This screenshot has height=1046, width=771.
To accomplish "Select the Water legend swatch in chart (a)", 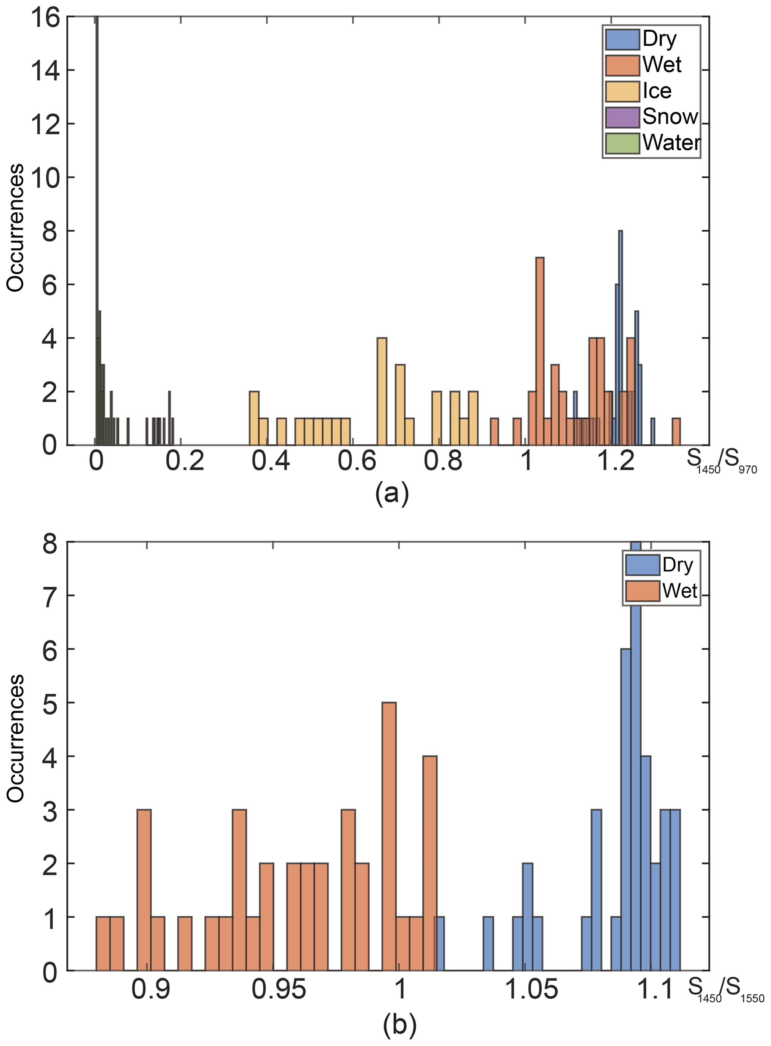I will coord(622,143).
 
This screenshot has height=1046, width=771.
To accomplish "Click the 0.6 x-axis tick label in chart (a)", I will coord(357,461).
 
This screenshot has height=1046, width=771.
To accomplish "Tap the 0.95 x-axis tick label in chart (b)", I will coord(279,989).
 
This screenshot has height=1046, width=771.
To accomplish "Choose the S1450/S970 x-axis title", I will coord(721,462).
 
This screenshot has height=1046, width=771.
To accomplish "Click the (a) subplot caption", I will coord(392,493).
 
